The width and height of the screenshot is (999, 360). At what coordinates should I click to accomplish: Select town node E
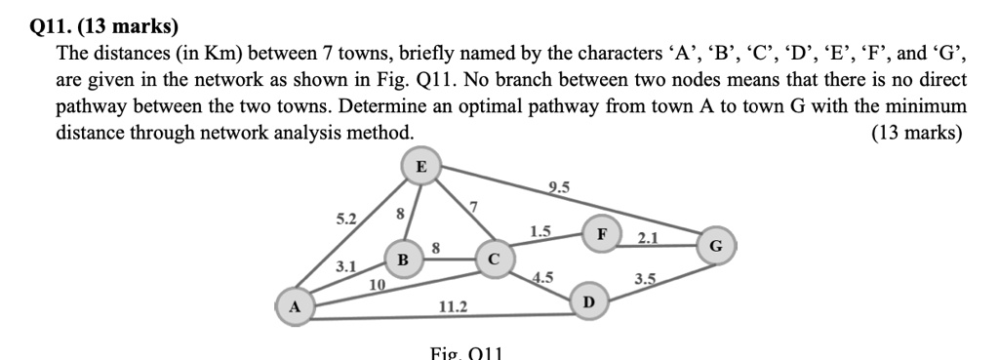pos(420,167)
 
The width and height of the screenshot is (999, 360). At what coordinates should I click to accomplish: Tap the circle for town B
pos(402,260)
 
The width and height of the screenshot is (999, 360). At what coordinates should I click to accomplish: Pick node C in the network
pos(494,260)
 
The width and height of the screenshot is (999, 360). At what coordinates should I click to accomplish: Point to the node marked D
pos(586,302)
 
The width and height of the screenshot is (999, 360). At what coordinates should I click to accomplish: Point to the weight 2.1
pos(648,237)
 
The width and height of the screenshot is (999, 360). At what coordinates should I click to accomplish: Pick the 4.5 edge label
pos(543,276)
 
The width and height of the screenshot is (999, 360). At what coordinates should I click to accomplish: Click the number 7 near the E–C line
pos(474,206)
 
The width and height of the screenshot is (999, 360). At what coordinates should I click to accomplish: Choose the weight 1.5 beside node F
pos(540,231)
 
